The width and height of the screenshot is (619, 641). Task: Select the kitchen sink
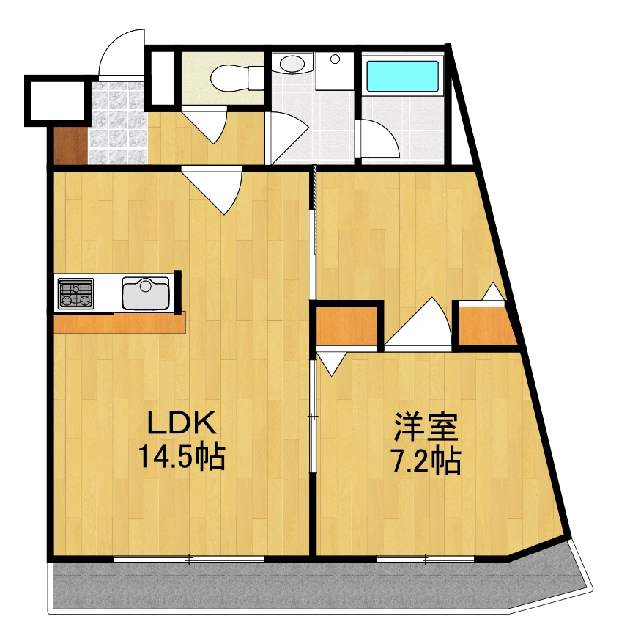(x=146, y=293)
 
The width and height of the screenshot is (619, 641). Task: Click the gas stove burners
(x=75, y=293)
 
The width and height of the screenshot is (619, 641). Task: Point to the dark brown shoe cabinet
(x=70, y=146)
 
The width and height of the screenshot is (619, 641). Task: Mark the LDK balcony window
(x=189, y=560)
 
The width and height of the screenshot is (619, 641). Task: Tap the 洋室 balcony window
(x=425, y=560)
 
